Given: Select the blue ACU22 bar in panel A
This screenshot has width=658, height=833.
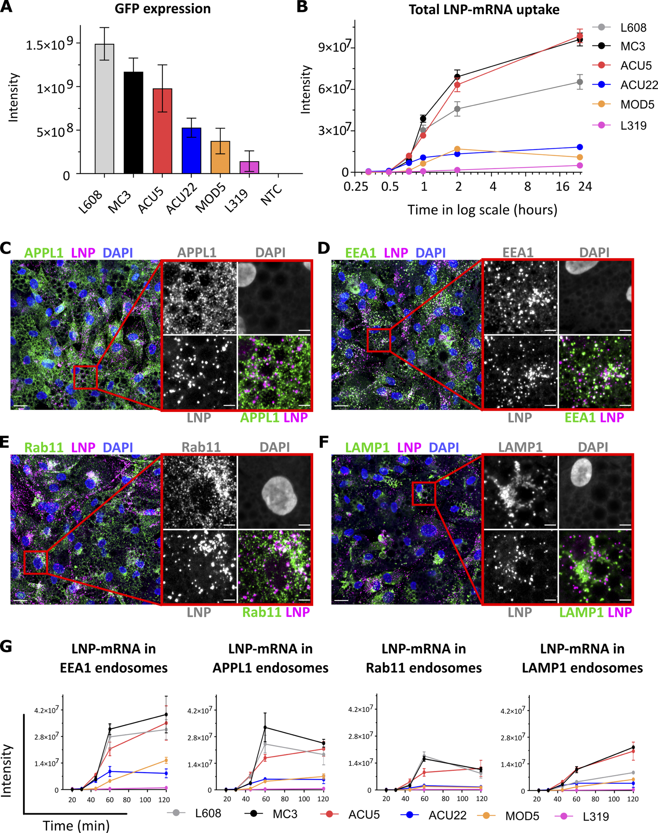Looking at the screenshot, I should click(191, 150).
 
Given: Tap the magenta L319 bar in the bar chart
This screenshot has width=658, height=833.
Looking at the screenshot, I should click(249, 167).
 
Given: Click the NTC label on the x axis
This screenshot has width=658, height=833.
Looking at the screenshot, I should click(271, 195).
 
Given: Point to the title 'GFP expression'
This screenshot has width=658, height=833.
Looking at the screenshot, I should click(162, 9).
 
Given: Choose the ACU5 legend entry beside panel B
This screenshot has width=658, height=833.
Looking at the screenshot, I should click(636, 65).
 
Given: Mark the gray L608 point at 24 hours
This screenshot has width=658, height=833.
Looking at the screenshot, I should click(579, 82).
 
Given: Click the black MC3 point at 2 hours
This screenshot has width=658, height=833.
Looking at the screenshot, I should click(457, 77).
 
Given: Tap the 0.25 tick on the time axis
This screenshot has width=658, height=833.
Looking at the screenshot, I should click(356, 186).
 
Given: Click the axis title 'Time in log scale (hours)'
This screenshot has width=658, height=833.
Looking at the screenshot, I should click(482, 209).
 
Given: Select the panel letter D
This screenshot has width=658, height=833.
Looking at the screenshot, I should click(324, 248).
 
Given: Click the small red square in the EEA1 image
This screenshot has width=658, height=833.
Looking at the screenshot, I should click(379, 340).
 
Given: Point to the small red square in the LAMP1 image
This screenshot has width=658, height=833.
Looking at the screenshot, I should click(424, 494).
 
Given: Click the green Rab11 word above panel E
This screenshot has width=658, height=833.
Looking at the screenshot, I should click(43, 447).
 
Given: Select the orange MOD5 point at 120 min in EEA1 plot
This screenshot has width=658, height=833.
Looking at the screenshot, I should click(166, 761).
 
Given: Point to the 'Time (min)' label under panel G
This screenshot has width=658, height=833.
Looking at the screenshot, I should click(76, 825).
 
